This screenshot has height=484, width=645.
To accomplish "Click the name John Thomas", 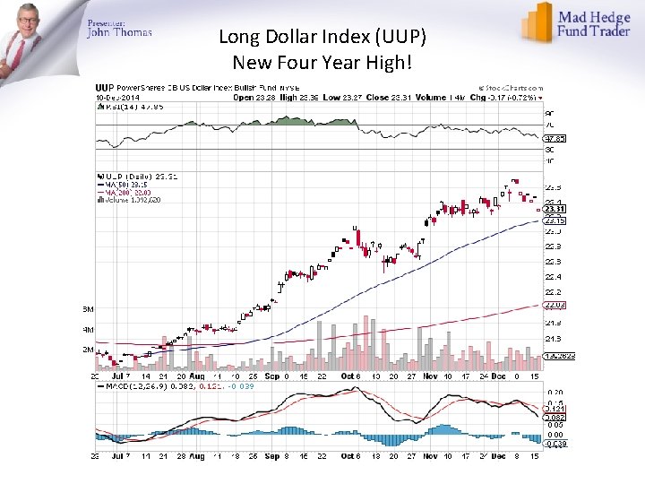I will [x=119, y=33].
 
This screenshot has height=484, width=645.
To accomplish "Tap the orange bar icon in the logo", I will [x=537, y=22].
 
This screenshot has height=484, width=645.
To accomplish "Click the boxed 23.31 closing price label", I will [x=555, y=209].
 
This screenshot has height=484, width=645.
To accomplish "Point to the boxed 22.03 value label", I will [x=555, y=305].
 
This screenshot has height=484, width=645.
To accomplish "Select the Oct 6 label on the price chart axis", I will [x=350, y=376].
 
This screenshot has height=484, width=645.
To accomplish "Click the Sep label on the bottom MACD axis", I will [x=271, y=456].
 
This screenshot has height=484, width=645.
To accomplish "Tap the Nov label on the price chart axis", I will [x=430, y=376].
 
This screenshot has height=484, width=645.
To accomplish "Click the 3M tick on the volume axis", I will [x=89, y=308].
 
